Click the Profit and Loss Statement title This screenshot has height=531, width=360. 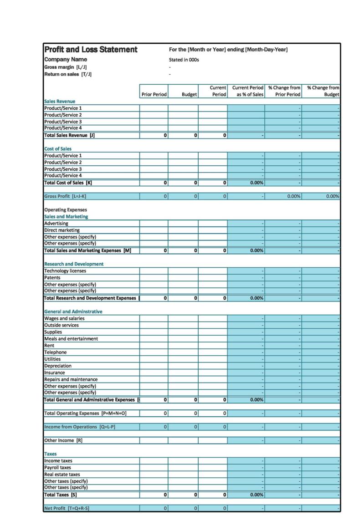point(91,50)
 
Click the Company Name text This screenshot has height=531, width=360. point(66,60)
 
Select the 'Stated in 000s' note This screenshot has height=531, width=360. point(184,60)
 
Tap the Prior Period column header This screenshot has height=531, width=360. point(154,95)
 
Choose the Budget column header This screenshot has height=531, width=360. point(189,95)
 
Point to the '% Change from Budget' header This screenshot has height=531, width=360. point(323,91)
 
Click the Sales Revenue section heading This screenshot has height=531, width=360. point(60,102)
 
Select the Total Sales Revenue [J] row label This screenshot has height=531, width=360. point(69,135)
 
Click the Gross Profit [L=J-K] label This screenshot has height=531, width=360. point(65,196)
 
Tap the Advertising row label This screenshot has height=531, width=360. point(56,224)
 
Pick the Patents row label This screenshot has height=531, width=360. point(52,277)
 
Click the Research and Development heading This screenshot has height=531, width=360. point(74,264)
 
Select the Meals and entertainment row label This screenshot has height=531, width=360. point(71,339)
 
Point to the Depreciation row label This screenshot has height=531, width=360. point(58,366)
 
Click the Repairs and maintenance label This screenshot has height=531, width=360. point(71,379)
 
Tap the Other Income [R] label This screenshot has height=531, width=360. point(63,440)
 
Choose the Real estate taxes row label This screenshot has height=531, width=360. point(62,474)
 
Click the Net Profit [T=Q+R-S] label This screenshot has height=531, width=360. point(67,508)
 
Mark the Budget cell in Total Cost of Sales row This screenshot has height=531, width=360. point(183,183)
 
